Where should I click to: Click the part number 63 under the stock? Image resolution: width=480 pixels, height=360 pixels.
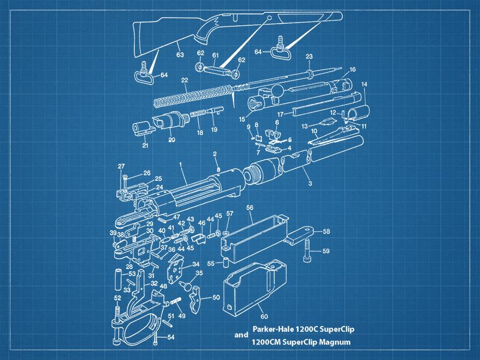coord(180,54)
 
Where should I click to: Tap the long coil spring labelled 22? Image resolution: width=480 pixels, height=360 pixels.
coord(193,95)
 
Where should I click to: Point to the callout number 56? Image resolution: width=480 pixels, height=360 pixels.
coord(250,208)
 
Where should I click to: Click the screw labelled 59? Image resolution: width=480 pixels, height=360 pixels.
coord(307,250)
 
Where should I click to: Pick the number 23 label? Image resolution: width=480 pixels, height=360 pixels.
coord(309,57)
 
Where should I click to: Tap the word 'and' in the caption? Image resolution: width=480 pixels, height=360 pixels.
coord(241,335)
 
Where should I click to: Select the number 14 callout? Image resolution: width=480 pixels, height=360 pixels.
coord(364,84)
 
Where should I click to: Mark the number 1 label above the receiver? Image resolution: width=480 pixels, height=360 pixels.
coord(181,165)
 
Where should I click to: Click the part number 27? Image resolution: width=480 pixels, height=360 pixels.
coord(122,166)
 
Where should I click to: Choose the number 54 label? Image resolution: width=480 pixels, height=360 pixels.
coord(171,337)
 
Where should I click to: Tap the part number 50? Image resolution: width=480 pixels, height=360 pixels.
coord(216,297)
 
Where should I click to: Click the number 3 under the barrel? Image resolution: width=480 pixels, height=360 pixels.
coord(310,183)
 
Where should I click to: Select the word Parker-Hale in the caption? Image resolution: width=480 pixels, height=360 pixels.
coord(273,330)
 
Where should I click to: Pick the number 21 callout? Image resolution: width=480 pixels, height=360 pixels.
coord(145,145)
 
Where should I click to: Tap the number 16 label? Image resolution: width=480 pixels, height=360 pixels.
coord(352,69)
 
